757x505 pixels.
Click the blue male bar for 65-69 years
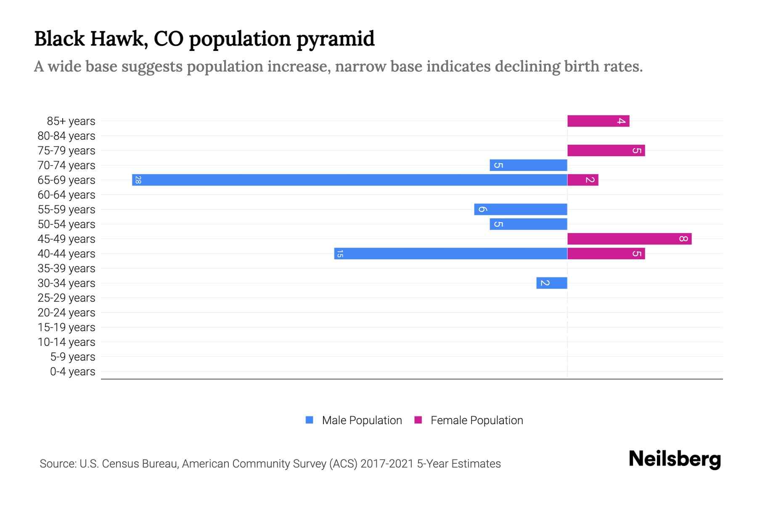pyautogui.click(x=349, y=180)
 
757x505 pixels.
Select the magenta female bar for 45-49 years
pyautogui.click(x=629, y=239)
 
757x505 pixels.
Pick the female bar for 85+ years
pyautogui.click(x=598, y=121)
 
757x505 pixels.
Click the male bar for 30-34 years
pyautogui.click(x=551, y=283)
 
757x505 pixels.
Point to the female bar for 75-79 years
pyautogui.click(x=606, y=151)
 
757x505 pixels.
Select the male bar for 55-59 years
pyautogui.click(x=521, y=210)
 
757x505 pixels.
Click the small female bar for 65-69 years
pyautogui.click(x=582, y=180)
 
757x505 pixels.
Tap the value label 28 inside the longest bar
pyautogui.click(x=138, y=180)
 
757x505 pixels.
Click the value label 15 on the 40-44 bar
pyautogui.click(x=340, y=254)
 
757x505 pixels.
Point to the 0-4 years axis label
pyautogui.click(x=72, y=372)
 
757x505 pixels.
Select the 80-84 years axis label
pyautogui.click(x=66, y=136)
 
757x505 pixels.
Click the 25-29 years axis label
pyautogui.click(x=66, y=298)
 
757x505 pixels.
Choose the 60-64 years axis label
pyautogui.click(x=66, y=195)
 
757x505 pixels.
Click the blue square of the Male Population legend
pyautogui.click(x=310, y=420)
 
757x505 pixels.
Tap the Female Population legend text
pyautogui.click(x=476, y=420)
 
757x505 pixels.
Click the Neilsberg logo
pyautogui.click(x=675, y=459)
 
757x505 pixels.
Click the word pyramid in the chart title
pyautogui.click(x=335, y=39)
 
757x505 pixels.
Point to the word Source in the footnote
pyautogui.click(x=57, y=464)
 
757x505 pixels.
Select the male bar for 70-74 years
pyautogui.click(x=528, y=165)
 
